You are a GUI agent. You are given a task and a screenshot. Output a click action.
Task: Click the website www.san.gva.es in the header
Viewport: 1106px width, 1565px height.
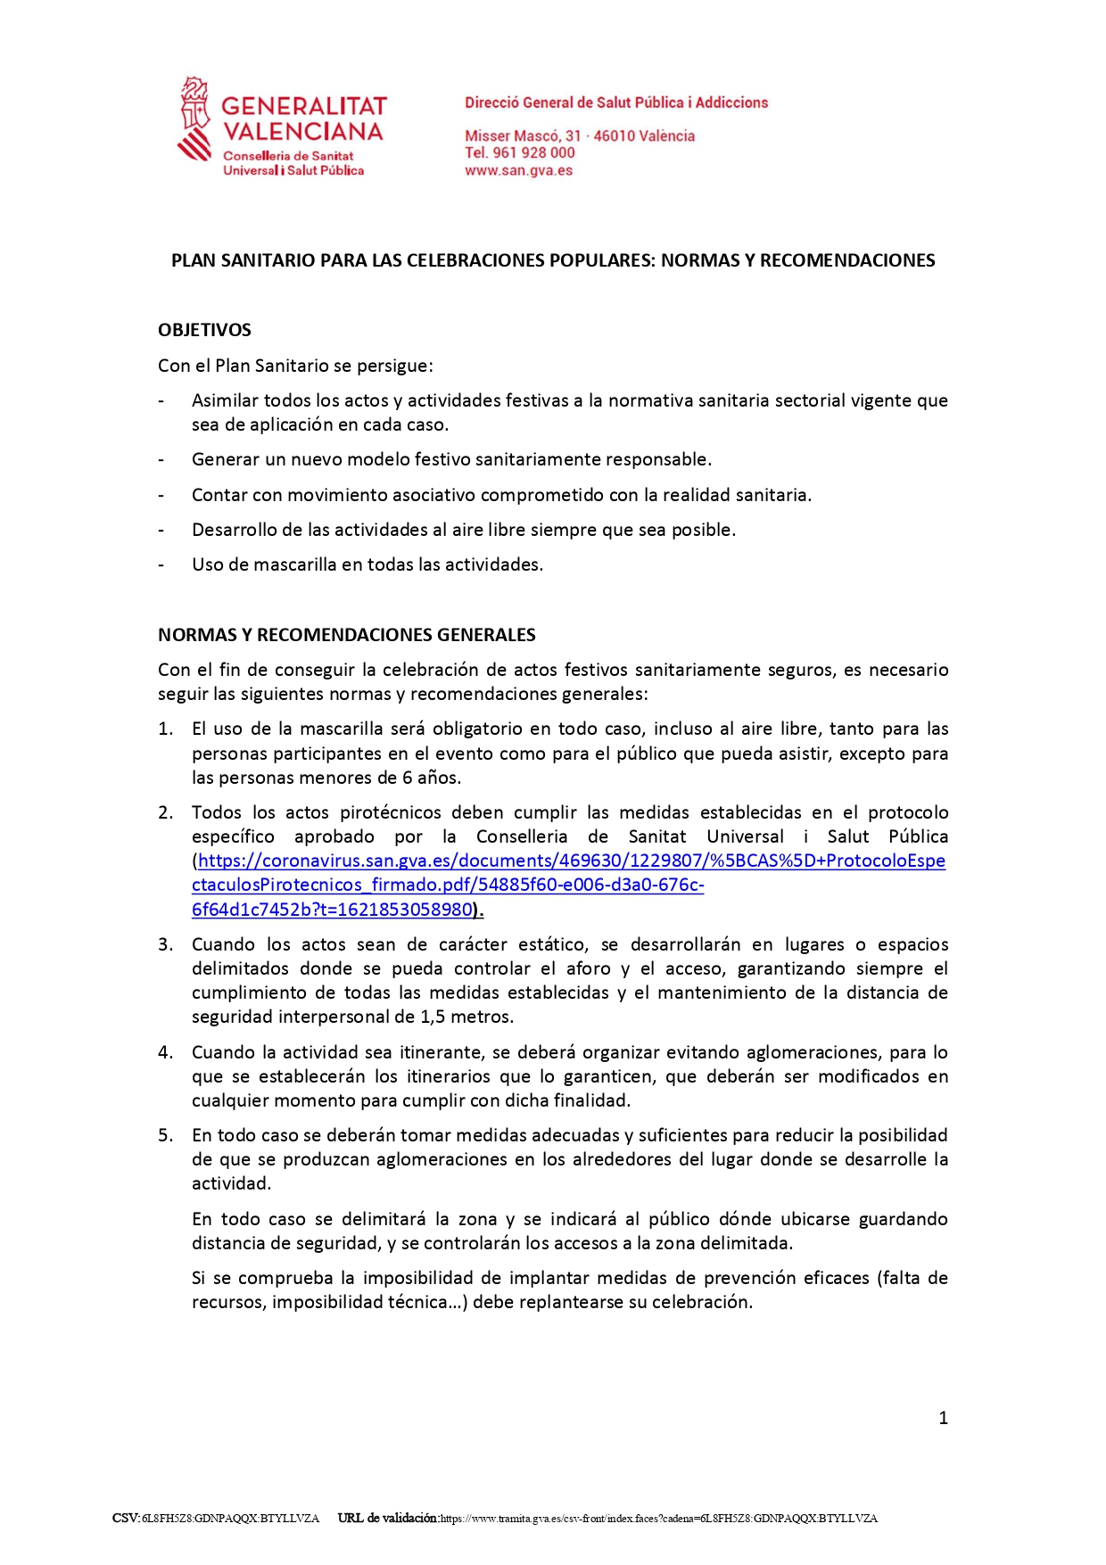[x=518, y=170]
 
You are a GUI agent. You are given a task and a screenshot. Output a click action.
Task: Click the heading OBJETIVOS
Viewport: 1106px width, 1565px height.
[x=204, y=330]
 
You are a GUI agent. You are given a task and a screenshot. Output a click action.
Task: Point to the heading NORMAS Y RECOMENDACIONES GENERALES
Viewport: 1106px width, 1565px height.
[x=346, y=635]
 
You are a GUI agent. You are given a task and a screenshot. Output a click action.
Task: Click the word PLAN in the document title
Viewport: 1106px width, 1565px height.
[x=194, y=260]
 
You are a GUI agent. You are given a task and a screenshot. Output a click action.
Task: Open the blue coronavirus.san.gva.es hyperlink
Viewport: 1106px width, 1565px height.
[x=571, y=861]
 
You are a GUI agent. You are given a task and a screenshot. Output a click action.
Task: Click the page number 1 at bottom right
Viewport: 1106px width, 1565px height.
[x=943, y=1418]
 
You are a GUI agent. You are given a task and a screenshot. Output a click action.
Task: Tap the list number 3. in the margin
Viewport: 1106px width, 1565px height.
[x=165, y=944]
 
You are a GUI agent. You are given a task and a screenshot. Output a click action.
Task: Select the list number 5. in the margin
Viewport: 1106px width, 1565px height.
[x=165, y=1135]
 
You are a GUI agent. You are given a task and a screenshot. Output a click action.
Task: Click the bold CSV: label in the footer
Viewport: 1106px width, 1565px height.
[x=126, y=1518]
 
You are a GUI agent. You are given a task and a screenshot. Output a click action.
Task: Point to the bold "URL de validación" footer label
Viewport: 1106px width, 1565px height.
[x=388, y=1518]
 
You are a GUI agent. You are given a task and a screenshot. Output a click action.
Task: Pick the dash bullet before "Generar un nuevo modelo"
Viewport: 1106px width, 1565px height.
[x=161, y=460]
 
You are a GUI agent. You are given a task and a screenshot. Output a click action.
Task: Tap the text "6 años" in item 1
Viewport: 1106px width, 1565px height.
[x=431, y=778]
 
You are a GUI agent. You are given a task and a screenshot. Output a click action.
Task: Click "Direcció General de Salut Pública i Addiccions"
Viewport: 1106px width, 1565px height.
[x=615, y=103]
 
